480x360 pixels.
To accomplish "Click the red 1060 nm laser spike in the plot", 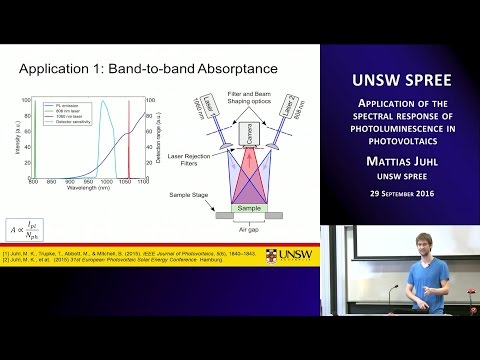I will click(x=129, y=140).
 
